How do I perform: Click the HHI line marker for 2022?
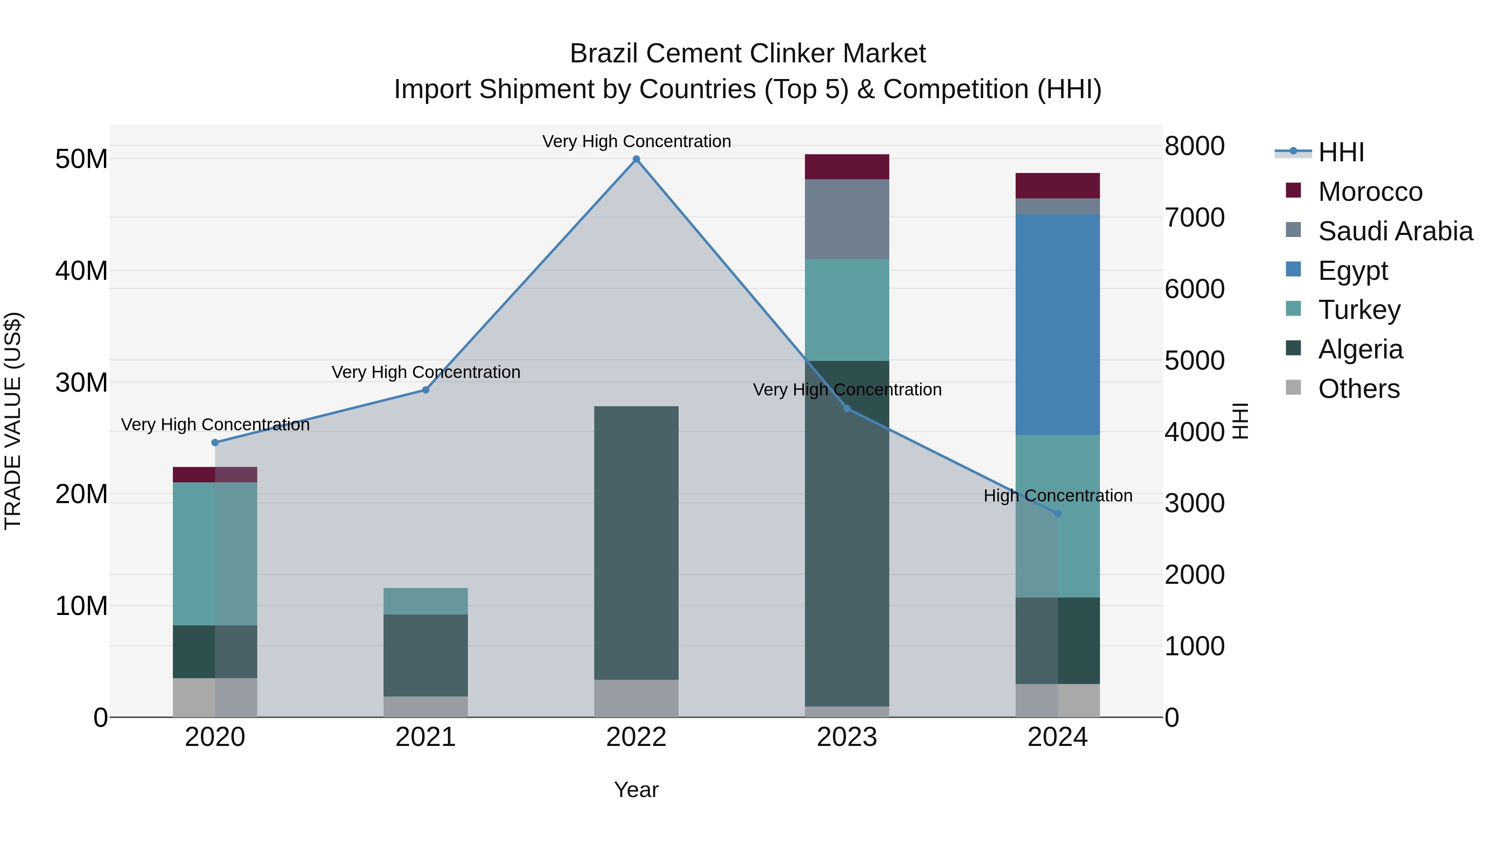point(636,159)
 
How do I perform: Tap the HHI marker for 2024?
point(1057,514)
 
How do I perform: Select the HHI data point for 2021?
point(425,390)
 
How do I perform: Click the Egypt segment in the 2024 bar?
point(1057,324)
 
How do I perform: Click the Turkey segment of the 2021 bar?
point(425,601)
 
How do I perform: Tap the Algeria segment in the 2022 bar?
point(636,543)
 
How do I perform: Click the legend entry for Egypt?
point(1353,271)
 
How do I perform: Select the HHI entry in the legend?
point(1340,152)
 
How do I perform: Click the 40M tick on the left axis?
point(81,271)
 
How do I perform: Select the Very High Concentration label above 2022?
point(636,141)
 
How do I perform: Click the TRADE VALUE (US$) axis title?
point(13,421)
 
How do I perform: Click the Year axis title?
point(636,790)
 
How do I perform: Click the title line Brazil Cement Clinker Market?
point(748,54)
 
